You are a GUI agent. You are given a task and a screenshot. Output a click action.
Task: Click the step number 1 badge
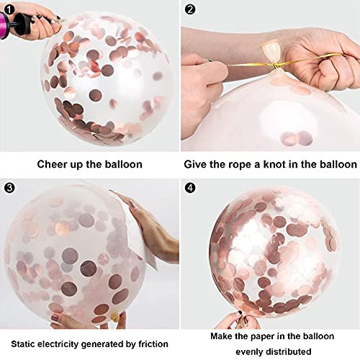(x=9, y=9)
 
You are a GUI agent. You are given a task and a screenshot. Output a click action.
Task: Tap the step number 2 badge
(x=190, y=9)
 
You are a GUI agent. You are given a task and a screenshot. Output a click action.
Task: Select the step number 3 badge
(x=9, y=188)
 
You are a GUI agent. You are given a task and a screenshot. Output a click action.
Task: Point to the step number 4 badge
(x=190, y=188)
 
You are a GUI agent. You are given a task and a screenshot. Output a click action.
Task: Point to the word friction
(x=153, y=344)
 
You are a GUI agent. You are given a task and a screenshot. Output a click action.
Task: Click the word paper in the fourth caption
(x=262, y=337)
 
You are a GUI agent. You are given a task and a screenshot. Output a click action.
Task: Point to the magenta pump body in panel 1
(x=5, y=24)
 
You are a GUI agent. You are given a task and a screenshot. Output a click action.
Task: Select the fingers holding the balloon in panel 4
(x=243, y=320)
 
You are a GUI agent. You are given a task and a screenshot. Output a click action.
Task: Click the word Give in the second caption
(x=195, y=164)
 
